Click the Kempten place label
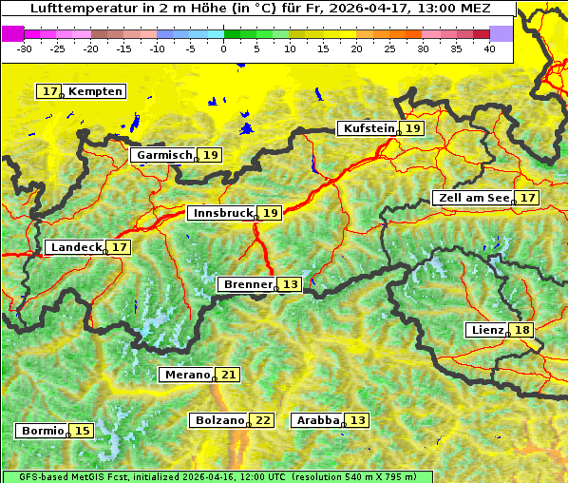[95, 91]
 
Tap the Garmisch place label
[164, 155]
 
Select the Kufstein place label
[368, 128]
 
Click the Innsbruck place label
[222, 213]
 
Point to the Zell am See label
[472, 198]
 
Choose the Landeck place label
[76, 247]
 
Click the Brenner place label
[247, 284]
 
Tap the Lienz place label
[486, 330]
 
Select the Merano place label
[185, 375]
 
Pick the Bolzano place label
[219, 420]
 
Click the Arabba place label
[318, 420]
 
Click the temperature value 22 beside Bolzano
[263, 420]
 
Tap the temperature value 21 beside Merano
[228, 375]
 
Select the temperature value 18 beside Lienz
[522, 330]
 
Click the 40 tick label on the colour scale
[489, 48]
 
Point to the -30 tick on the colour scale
[25, 48]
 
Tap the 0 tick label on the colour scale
[224, 48]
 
